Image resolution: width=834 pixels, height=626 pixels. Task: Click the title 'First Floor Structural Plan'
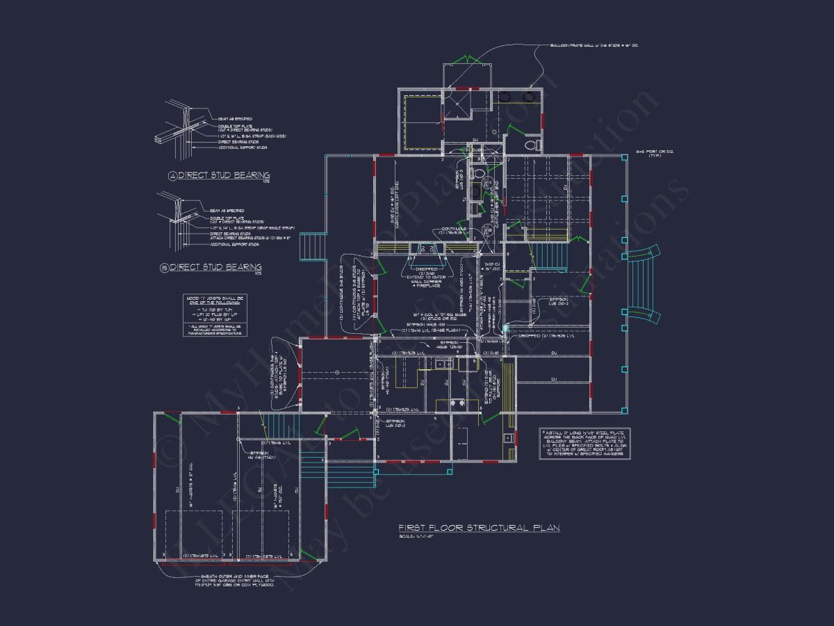coord(479,529)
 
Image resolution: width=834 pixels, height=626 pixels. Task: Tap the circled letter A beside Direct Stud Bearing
coord(172,176)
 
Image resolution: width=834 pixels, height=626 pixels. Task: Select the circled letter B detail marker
coord(165,268)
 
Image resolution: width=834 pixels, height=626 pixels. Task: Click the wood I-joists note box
coord(215,316)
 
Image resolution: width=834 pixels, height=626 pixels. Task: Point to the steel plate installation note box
coord(584,443)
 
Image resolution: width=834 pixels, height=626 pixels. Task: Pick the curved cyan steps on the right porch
coord(646,285)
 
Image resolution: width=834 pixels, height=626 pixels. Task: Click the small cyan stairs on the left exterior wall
coord(312,246)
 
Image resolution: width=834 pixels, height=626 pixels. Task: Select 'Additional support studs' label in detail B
coord(235,244)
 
